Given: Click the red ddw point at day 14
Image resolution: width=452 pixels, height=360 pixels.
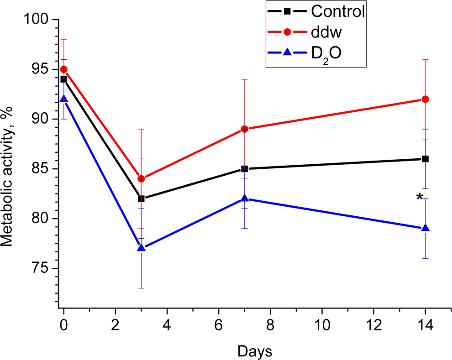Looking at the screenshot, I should (425, 99).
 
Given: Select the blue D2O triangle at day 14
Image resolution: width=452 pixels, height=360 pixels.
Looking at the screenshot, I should (425, 228).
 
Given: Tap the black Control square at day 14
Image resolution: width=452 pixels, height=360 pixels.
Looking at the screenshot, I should (425, 159).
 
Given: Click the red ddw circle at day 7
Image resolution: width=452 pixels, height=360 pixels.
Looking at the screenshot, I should (244, 129).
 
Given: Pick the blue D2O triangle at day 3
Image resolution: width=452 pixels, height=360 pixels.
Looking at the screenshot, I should (141, 248).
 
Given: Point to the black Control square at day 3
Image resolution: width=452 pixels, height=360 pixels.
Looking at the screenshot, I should (141, 198).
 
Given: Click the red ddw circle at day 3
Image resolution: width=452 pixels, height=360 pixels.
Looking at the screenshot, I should (141, 178).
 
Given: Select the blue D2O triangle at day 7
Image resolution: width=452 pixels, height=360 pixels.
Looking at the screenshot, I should (244, 198).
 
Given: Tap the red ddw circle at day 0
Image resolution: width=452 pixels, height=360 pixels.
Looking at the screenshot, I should (64, 69).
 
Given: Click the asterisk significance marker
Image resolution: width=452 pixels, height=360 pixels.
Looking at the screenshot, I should (419, 197).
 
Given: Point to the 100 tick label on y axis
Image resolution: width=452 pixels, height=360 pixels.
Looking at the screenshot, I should (38, 20).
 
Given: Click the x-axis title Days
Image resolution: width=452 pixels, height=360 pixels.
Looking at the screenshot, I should (255, 351).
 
